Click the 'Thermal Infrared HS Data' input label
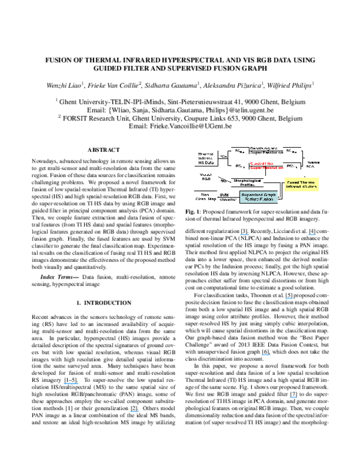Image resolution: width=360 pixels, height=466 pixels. [x=205, y=158]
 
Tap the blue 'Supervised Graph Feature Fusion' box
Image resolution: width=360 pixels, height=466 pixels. [x=258, y=197]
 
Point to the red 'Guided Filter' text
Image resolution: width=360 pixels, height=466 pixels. [x=263, y=163]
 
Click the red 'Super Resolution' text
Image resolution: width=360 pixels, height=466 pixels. [x=266, y=168]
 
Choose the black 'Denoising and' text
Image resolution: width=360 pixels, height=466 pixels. [x=263, y=148]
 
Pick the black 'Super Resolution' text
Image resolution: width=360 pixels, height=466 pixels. [x=266, y=153]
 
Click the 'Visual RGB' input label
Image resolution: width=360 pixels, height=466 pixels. [x=205, y=178]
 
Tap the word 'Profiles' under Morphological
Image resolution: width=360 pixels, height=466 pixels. [x=247, y=185]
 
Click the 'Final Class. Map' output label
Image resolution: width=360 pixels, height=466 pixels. [x=205, y=196]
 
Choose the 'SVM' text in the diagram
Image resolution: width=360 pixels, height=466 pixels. [x=224, y=195]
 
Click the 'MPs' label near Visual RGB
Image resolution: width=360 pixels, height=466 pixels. [x=223, y=180]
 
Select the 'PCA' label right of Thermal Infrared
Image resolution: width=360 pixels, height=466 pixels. [x=223, y=157]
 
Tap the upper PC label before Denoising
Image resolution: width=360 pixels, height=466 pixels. [x=238, y=151]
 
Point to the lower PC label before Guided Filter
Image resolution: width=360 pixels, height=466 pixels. [x=239, y=166]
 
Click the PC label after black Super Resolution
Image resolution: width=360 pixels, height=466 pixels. [x=290, y=151]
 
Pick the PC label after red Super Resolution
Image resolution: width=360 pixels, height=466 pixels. [x=290, y=166]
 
